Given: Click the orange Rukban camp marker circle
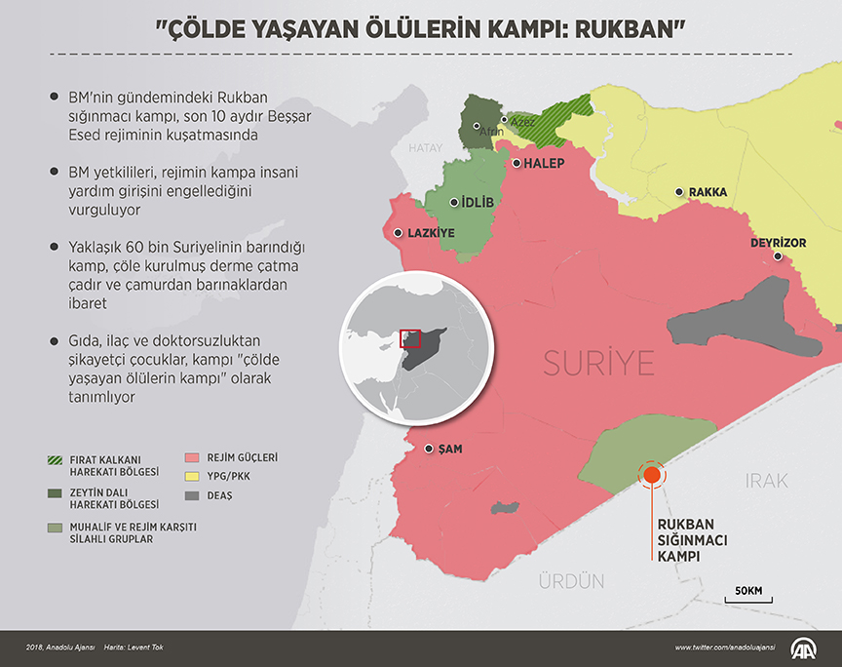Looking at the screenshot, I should (x=651, y=476).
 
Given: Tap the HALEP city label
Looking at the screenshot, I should (x=544, y=164).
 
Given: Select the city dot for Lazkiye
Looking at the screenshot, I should (x=399, y=232).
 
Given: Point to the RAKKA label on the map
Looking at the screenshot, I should (x=708, y=193).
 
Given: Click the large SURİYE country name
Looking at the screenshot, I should (x=598, y=365).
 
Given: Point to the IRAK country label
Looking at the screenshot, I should (x=766, y=481).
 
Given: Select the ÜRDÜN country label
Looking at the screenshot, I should (x=572, y=581).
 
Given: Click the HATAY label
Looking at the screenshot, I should (x=425, y=148).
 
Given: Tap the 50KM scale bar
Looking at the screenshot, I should (x=748, y=598).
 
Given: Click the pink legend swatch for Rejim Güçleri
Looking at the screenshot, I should (x=191, y=456).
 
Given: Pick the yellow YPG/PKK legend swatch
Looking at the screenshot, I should (x=191, y=476).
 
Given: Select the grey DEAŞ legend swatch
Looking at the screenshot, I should (x=191, y=495).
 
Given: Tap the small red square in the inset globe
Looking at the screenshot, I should (x=411, y=338).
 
